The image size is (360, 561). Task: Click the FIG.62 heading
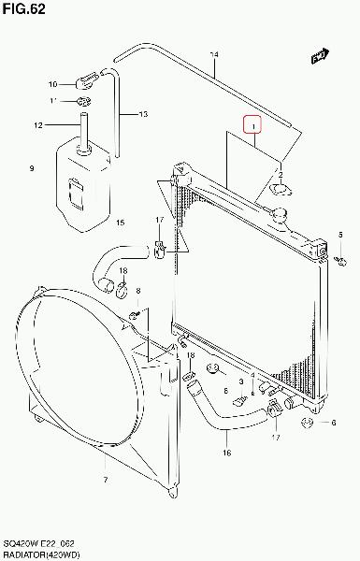(24, 9)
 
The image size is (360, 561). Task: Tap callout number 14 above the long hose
(214, 55)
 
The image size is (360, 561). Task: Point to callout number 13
(143, 114)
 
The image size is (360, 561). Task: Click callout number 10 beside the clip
(53, 84)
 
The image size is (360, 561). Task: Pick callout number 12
(38, 125)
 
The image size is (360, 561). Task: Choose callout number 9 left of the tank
(32, 168)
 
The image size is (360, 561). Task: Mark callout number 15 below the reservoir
(121, 223)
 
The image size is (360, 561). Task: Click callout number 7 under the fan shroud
(106, 480)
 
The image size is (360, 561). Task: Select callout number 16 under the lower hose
(227, 453)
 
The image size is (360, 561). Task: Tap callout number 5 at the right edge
(340, 235)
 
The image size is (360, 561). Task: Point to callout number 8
(138, 291)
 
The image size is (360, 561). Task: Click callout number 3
(241, 381)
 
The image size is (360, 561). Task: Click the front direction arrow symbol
(320, 56)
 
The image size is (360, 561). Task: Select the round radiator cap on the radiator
(280, 215)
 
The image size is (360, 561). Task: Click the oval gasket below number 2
(281, 190)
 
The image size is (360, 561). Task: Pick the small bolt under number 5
(340, 261)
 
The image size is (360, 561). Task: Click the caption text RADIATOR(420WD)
(41, 554)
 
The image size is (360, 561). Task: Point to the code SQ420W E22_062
(38, 544)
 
